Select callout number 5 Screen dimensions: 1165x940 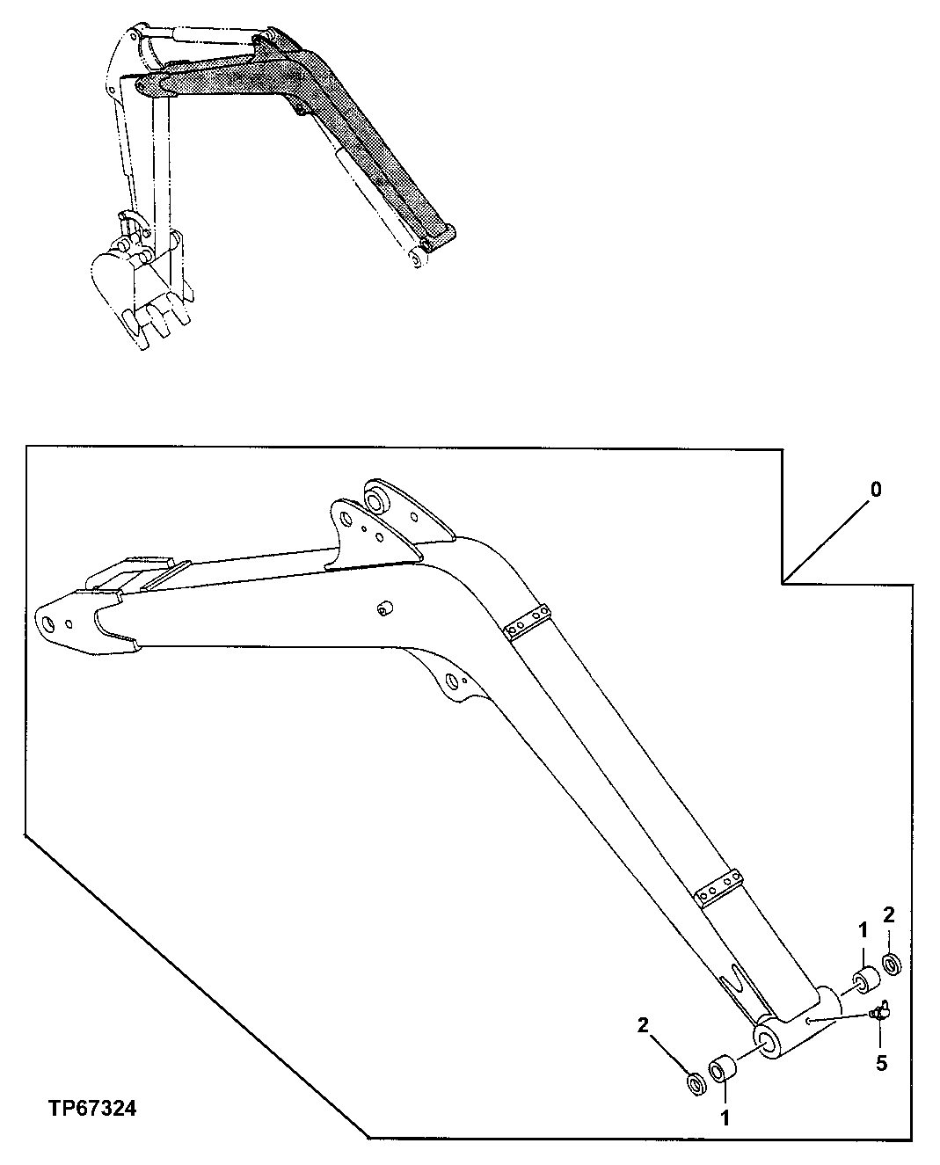[x=880, y=1063]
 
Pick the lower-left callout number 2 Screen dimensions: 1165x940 [x=644, y=1024]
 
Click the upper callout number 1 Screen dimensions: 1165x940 [x=863, y=928]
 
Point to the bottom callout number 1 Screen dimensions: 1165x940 [x=725, y=1119]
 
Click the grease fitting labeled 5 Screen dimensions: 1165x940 [x=878, y=1013]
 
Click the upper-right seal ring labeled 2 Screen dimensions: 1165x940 [x=891, y=964]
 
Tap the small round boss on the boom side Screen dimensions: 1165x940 [x=383, y=608]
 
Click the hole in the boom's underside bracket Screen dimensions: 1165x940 [x=451, y=680]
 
